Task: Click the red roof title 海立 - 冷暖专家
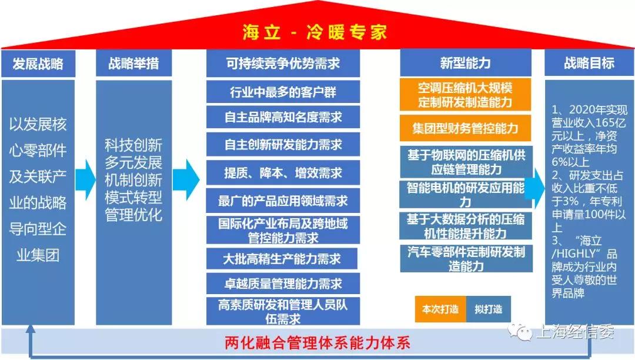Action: tap(315, 32)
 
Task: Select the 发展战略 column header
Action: tap(38, 63)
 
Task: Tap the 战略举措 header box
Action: tap(133, 63)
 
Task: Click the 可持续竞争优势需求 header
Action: tap(283, 63)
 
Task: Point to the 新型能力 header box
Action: tap(465, 63)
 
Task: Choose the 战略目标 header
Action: tap(589, 63)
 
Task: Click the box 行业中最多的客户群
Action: tap(283, 92)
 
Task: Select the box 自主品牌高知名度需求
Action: tap(283, 118)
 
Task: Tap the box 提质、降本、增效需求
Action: tap(283, 173)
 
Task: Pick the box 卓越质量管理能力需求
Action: tap(283, 284)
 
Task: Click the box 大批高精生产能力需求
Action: tap(282, 259)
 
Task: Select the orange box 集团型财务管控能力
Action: tap(465, 128)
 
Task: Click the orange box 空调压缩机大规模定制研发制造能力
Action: tap(465, 95)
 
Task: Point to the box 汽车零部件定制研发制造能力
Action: tap(466, 259)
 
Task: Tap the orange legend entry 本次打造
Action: tap(440, 309)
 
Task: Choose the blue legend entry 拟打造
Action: tap(489, 309)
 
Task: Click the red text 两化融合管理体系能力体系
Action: tap(317, 343)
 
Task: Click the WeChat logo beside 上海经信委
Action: tap(520, 332)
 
